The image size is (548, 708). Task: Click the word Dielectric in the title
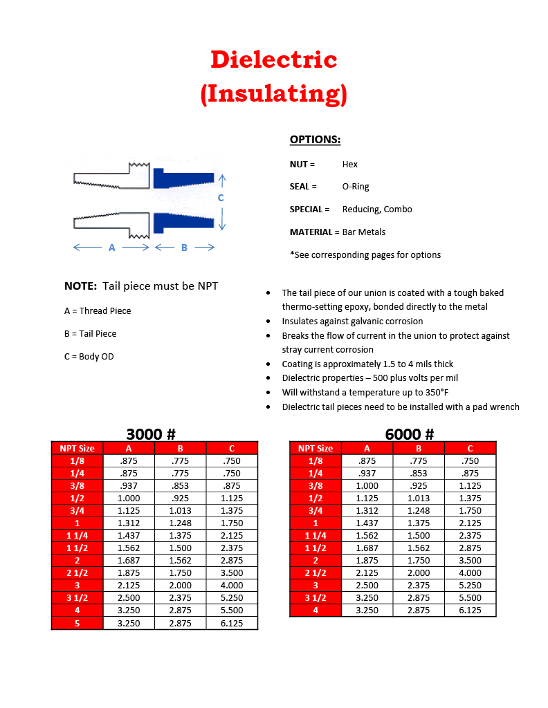click(x=273, y=59)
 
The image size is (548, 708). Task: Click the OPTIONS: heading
click(x=315, y=140)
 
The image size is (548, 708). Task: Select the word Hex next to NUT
click(x=349, y=165)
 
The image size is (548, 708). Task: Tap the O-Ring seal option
click(x=356, y=187)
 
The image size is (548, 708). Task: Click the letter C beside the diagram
click(x=221, y=198)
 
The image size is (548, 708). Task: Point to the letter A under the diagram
click(x=112, y=248)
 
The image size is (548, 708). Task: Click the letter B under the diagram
click(x=184, y=248)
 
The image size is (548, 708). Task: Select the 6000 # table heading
click(x=410, y=434)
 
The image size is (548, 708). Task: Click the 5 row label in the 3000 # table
click(x=77, y=623)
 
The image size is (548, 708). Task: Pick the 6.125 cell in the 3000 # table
click(x=232, y=623)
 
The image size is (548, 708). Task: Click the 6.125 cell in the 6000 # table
click(x=470, y=611)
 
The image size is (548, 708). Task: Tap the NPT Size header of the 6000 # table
click(x=316, y=448)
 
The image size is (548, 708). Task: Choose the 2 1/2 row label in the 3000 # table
click(x=77, y=573)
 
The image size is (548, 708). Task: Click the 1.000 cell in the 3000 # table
click(x=129, y=498)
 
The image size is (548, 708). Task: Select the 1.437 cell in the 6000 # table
click(x=367, y=523)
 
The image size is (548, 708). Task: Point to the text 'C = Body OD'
click(x=89, y=357)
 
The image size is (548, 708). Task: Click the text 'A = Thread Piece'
click(x=98, y=311)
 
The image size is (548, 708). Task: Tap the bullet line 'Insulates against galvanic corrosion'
click(x=352, y=322)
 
